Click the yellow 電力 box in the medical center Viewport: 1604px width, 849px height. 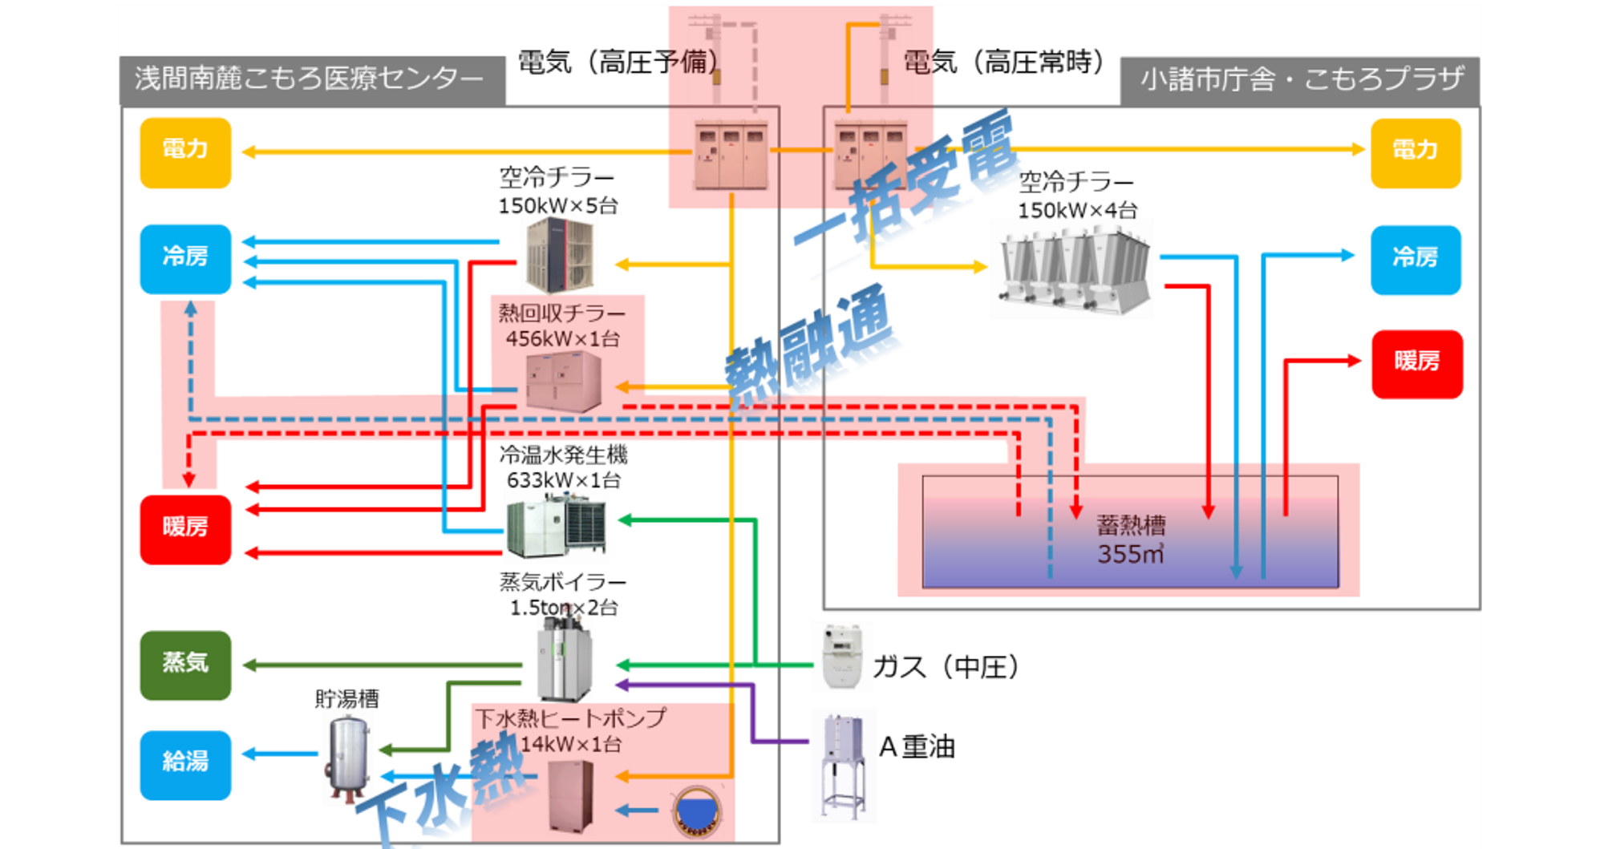(x=185, y=152)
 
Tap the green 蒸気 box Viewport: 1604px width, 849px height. (x=185, y=665)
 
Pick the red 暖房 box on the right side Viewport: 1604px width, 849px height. (x=1417, y=364)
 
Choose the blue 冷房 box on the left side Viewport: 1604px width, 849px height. (x=185, y=259)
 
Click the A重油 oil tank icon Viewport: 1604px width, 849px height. (x=843, y=764)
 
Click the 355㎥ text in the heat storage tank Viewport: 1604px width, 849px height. (x=1131, y=554)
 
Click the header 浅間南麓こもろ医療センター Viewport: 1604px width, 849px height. (x=311, y=79)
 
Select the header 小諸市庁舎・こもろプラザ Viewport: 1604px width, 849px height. (x=1301, y=80)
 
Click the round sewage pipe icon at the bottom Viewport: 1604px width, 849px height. (x=696, y=811)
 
